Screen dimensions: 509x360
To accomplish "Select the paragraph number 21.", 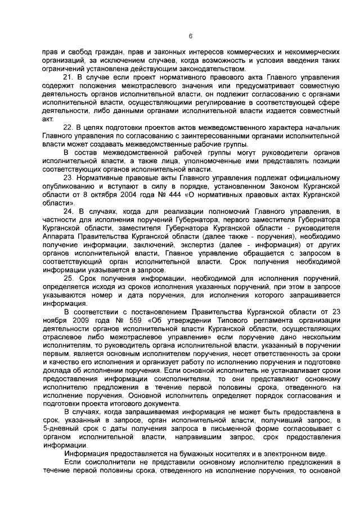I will pos(68,76).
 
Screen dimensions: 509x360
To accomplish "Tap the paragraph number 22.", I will pos(68,128).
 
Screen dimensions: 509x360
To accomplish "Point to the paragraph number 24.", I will pos(68,211).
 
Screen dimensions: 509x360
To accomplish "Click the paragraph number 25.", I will pos(68,278).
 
